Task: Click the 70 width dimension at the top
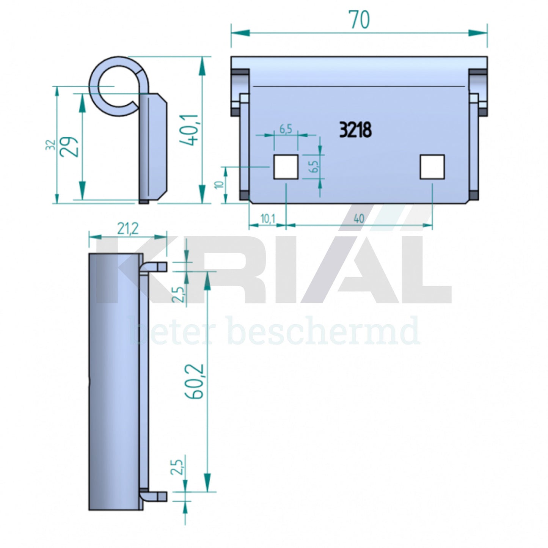pos(358,20)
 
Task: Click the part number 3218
pos(355,130)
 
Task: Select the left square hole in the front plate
pos(286,167)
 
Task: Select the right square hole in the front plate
pos(432,167)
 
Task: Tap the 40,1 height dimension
pos(189,130)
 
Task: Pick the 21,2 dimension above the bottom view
pos(128,229)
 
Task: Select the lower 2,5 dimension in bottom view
pos(177,466)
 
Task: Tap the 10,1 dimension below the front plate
pos(267,219)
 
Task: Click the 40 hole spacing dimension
pos(359,219)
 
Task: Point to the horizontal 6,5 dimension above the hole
pos(286,129)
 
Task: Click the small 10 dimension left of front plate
pos(219,185)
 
